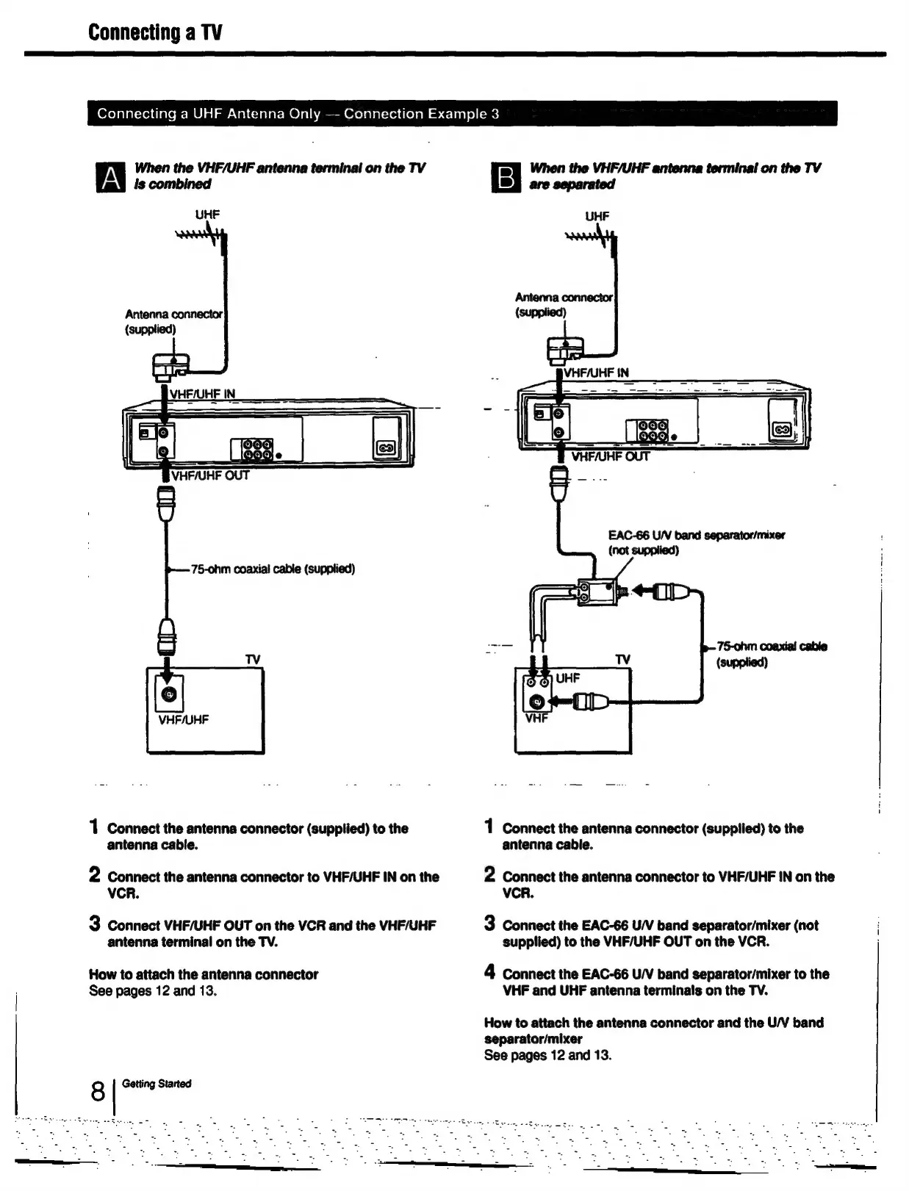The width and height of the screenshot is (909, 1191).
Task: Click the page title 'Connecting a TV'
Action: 155,32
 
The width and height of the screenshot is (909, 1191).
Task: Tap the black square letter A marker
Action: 110,179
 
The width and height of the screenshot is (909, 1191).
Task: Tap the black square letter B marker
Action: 506,179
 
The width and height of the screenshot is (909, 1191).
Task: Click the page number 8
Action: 98,1092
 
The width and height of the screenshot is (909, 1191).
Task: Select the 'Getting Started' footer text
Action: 157,1084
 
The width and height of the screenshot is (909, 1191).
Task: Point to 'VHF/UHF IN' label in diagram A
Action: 203,394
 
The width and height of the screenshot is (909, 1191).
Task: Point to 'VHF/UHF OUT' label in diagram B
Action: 610,456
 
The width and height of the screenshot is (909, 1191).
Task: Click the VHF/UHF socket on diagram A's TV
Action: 168,694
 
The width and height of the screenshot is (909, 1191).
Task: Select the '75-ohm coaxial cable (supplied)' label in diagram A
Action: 273,569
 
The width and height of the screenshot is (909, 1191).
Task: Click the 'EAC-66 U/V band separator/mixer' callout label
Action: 696,542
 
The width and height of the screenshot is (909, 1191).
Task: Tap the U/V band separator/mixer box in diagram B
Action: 594,591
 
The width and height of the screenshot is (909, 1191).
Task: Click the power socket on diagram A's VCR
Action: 387,447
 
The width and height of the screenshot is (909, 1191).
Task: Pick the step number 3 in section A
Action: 94,923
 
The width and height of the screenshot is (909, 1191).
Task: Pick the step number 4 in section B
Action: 489,971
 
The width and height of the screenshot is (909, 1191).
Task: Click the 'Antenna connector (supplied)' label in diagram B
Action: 564,304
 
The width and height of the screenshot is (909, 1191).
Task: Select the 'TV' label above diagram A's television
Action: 253,660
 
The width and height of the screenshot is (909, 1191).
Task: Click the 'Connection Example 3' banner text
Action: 421,114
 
